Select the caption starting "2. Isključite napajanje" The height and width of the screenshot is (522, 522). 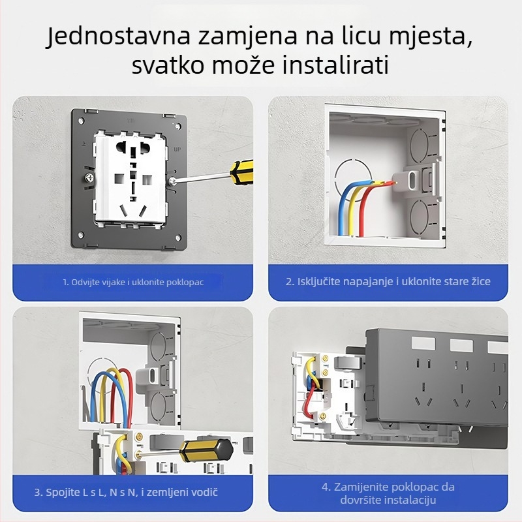click(389, 282)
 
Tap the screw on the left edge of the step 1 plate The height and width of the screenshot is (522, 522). click(86, 177)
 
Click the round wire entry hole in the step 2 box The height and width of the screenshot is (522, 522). click(352, 174)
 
